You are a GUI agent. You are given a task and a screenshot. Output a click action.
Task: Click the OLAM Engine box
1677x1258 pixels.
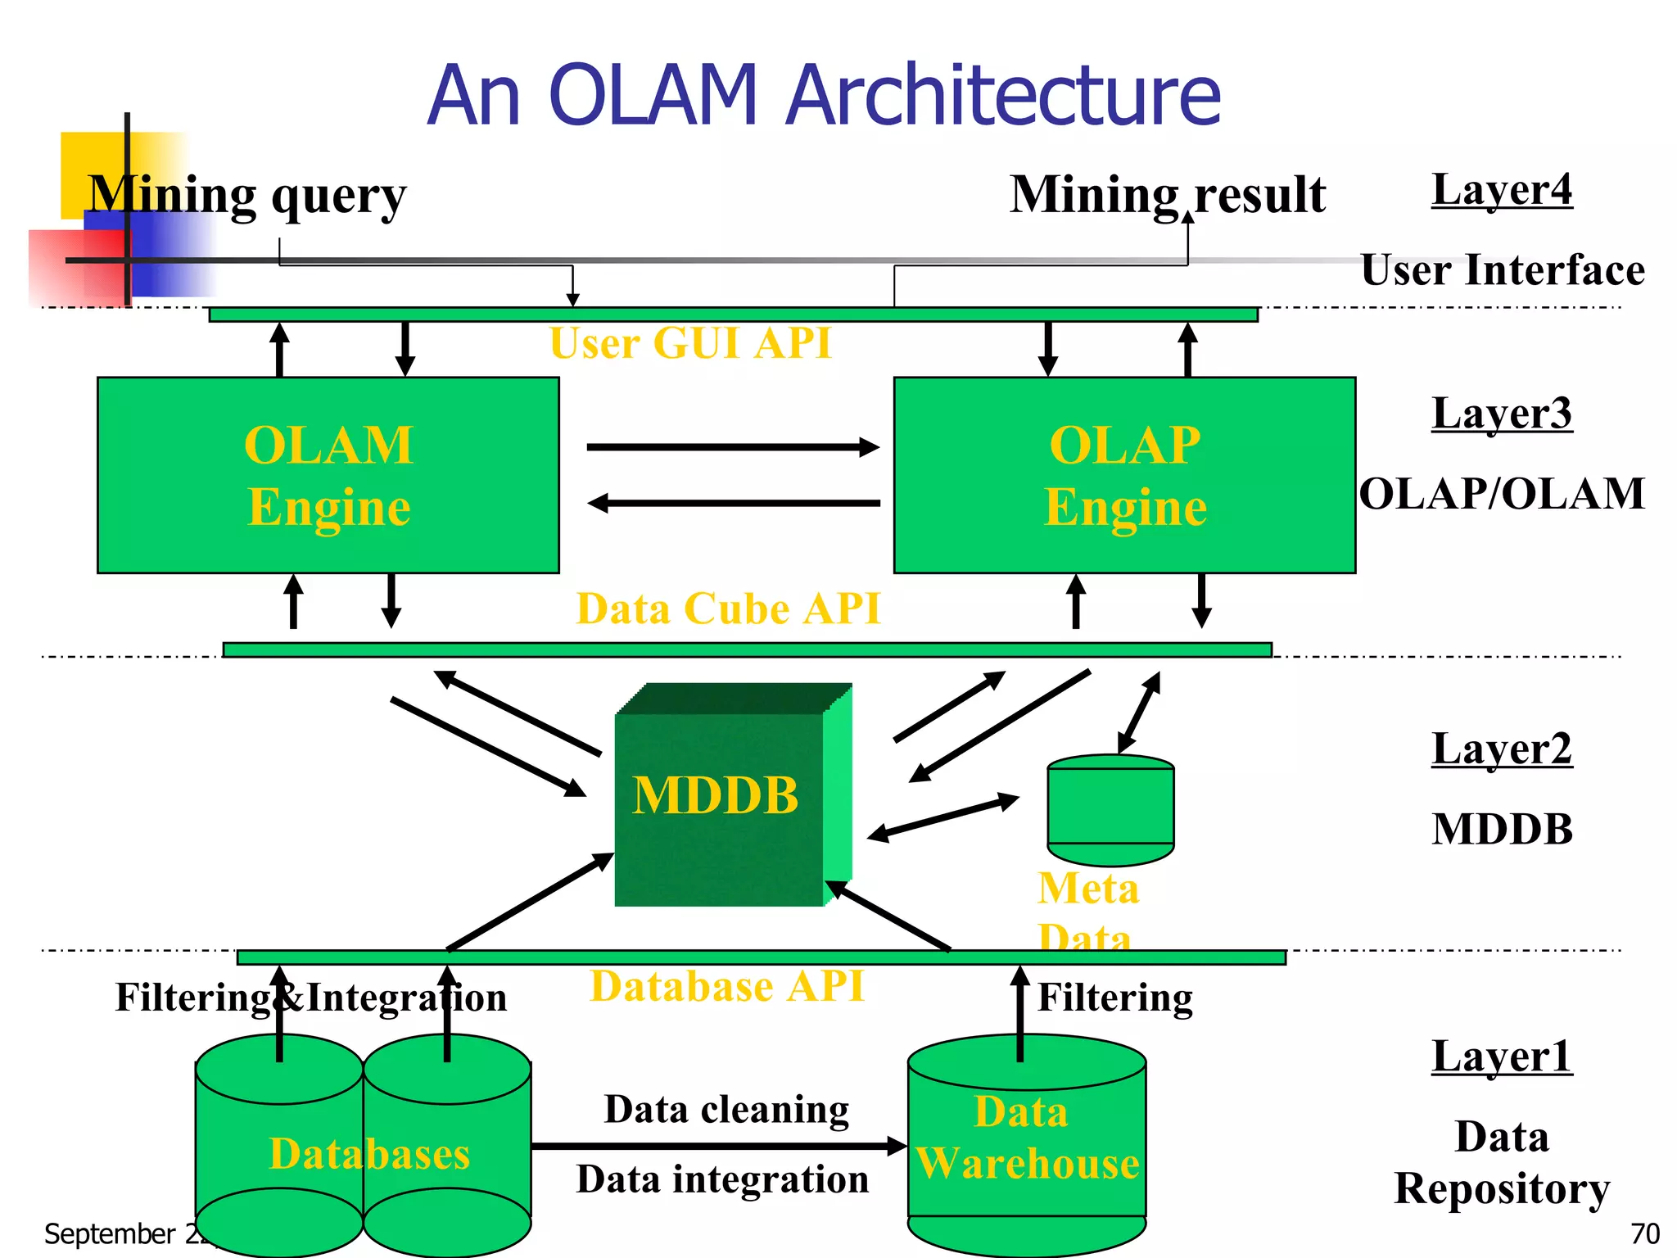[328, 475]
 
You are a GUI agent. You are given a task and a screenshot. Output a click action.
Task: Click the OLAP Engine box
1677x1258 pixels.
[1123, 475]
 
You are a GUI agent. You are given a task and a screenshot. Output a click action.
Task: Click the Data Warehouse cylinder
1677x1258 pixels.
[1026, 1147]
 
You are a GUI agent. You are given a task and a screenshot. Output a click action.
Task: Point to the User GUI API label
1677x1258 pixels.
[690, 343]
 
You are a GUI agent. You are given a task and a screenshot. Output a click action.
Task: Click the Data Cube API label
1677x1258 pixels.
[728, 609]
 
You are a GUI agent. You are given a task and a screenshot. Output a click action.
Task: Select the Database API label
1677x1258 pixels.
[726, 985]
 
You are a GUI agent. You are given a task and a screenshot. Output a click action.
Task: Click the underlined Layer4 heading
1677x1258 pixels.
[1502, 190]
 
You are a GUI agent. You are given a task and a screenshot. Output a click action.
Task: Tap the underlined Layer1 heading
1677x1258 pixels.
[1502, 1057]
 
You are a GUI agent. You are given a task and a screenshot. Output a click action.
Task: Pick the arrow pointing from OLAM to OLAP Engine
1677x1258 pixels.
[733, 447]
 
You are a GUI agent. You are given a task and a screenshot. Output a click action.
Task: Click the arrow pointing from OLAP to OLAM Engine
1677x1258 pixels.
[733, 503]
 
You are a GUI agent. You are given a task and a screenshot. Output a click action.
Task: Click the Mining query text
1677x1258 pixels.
[246, 196]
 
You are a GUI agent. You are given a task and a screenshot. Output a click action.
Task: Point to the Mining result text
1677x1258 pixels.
[1167, 196]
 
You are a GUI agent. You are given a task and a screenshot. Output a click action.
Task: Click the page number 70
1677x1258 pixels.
[1644, 1233]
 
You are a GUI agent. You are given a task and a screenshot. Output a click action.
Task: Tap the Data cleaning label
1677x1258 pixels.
[726, 1110]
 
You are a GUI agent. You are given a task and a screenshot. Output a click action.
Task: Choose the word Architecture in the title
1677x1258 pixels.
[1002, 96]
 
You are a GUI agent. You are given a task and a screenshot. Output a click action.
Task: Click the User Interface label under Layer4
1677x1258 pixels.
[1502, 270]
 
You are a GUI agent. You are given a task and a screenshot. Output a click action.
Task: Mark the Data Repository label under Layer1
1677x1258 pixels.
[1502, 1163]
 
